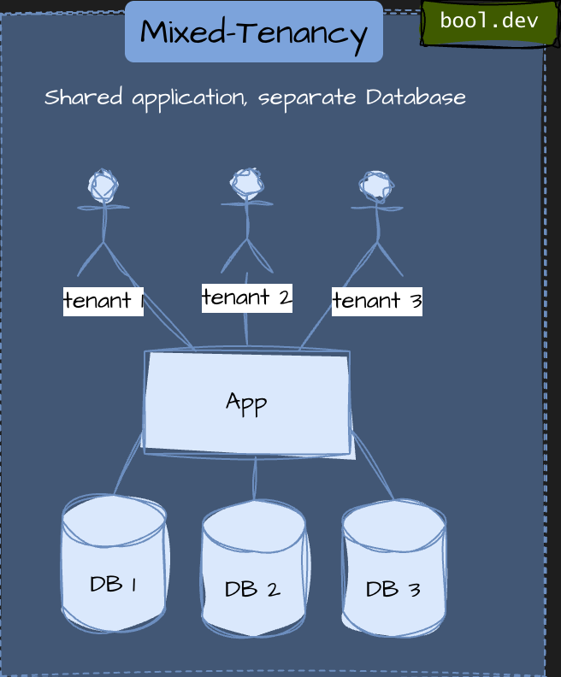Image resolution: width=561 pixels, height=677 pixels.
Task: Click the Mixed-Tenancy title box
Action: click(254, 32)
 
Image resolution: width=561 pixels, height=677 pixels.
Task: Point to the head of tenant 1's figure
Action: click(103, 185)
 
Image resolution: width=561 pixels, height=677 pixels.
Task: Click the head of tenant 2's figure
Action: click(247, 182)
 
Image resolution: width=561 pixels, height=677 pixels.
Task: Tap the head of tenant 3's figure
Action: click(375, 185)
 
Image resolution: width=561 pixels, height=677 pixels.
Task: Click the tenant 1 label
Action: click(103, 301)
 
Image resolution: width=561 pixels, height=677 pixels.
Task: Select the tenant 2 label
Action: click(247, 297)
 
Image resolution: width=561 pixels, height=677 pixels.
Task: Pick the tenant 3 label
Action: click(377, 301)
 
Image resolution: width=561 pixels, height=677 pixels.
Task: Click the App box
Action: click(247, 403)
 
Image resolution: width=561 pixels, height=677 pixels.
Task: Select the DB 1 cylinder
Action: click(114, 565)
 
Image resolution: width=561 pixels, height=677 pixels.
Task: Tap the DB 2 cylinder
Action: click(253, 568)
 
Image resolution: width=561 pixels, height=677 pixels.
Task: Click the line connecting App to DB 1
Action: click(128, 466)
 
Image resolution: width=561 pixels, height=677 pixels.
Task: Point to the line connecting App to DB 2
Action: click(255, 479)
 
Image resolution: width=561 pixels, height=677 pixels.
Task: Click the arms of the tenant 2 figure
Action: click(247, 203)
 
